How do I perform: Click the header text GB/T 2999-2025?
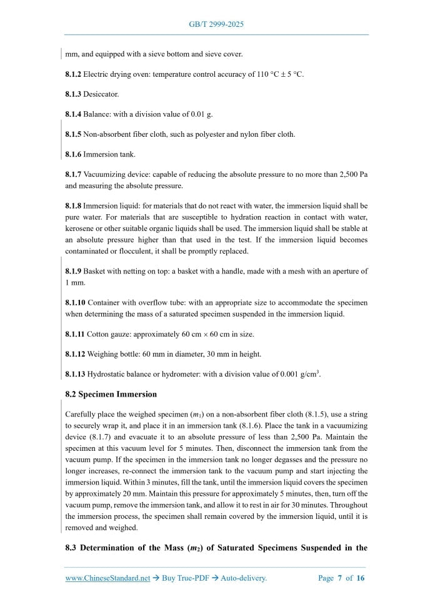tap(216, 24)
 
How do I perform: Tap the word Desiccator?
tap(101, 94)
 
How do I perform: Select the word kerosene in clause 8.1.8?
tap(80, 229)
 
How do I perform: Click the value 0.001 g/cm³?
tap(297, 373)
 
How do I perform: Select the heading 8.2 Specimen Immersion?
tap(111, 394)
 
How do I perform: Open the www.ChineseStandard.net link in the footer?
tap(107, 578)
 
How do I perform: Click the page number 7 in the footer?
tap(341, 578)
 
